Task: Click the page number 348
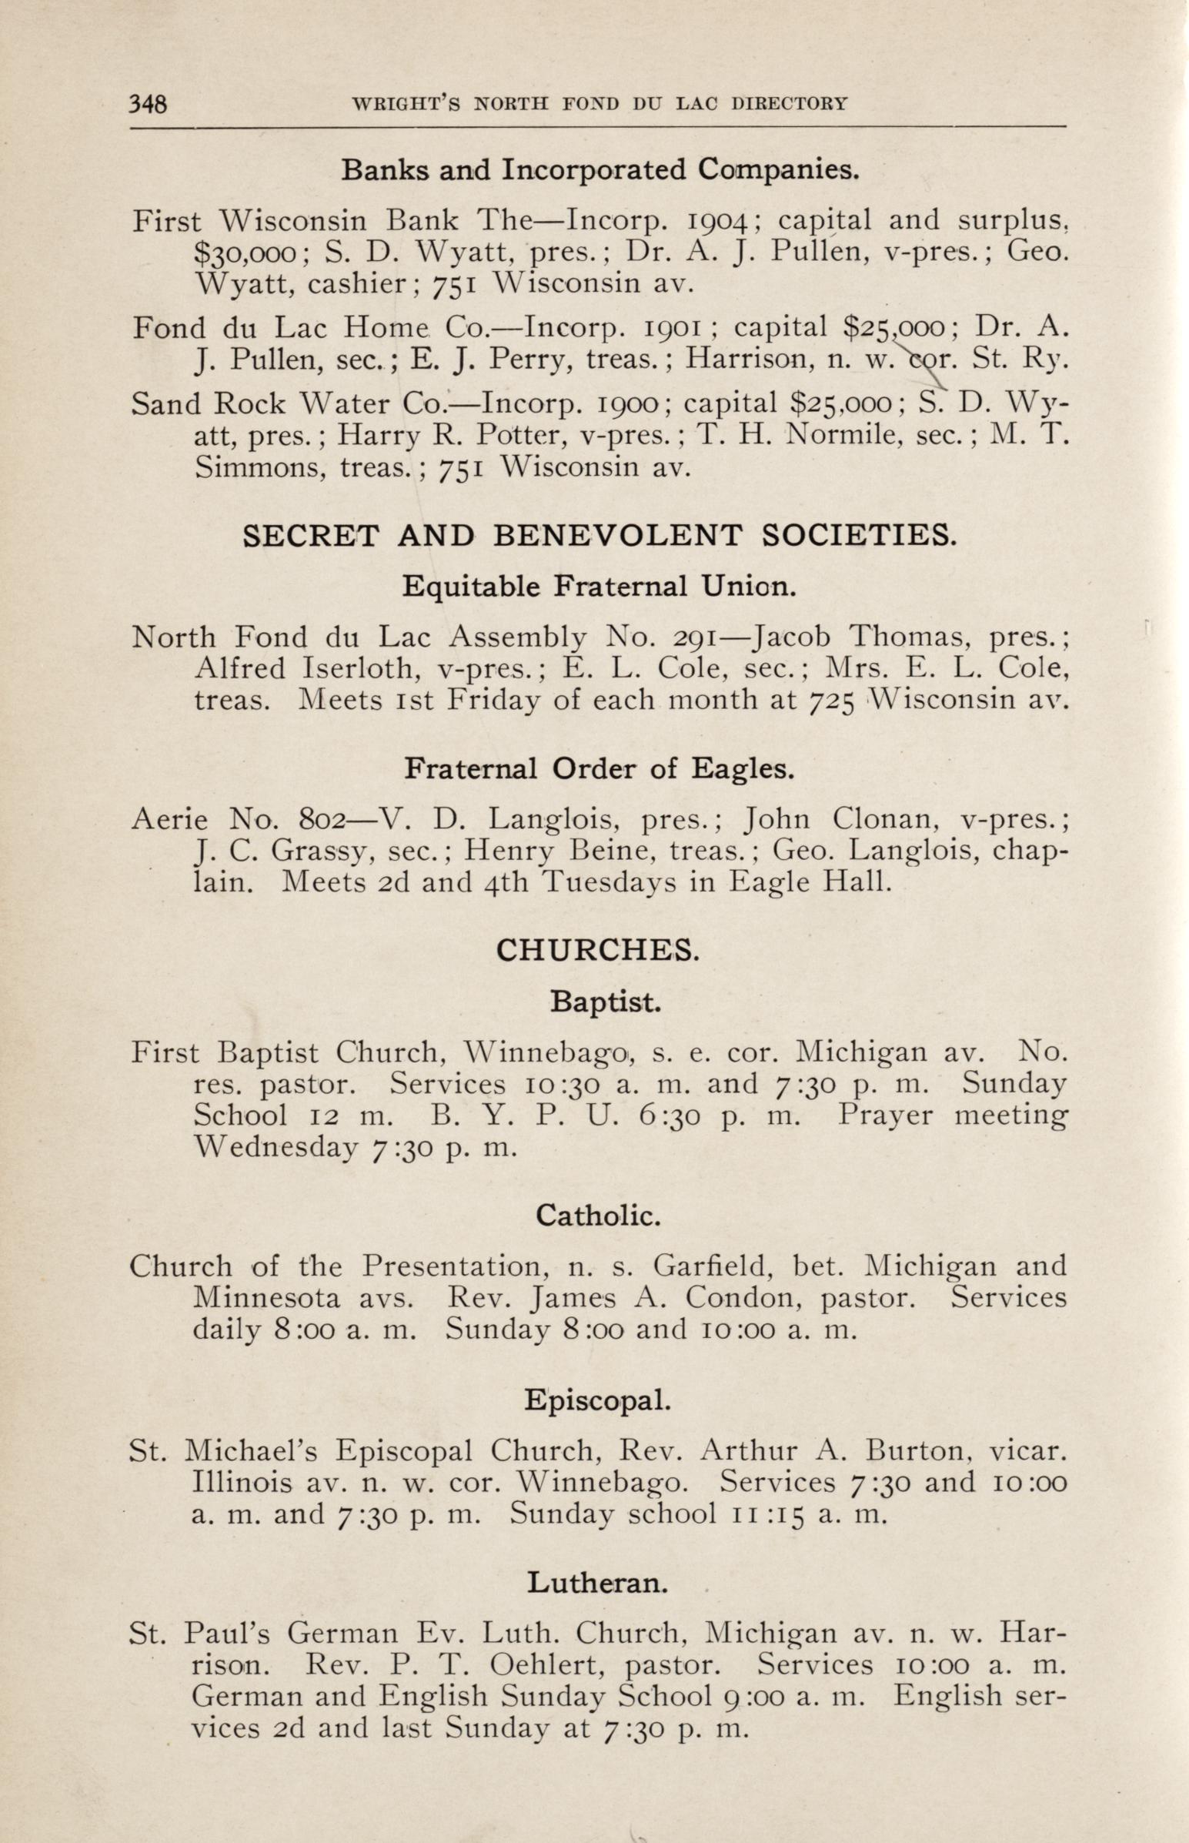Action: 148,102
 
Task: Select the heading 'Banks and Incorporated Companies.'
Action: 600,169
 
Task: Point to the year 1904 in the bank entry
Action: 717,222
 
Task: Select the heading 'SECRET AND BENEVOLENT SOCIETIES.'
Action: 600,536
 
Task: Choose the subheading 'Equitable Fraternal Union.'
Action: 599,587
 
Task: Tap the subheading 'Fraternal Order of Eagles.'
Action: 600,768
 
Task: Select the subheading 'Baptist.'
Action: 606,1002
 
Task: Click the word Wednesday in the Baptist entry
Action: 276,1147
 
